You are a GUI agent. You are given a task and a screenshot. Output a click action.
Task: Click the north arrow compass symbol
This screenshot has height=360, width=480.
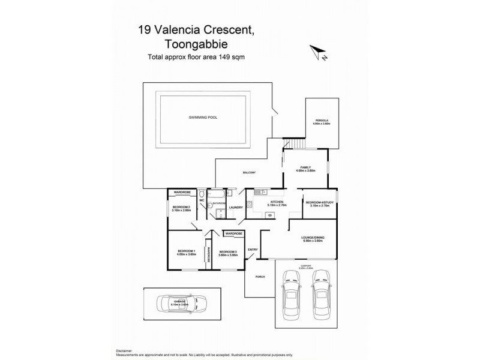pyautogui.click(x=318, y=53)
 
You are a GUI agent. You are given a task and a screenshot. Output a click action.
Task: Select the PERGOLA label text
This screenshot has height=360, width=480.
pyautogui.click(x=322, y=121)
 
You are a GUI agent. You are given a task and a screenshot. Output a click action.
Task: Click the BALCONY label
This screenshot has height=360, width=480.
pyautogui.click(x=249, y=173)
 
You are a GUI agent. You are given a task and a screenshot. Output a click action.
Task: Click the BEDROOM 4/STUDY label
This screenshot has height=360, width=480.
pyautogui.click(x=319, y=202)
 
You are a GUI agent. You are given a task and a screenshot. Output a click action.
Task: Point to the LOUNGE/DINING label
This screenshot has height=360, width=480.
pyautogui.click(x=313, y=238)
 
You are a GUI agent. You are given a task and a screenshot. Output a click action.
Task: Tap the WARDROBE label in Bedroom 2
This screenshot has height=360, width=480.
pyautogui.click(x=182, y=192)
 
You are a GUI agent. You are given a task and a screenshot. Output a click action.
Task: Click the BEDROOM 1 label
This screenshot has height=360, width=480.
pyautogui.click(x=187, y=250)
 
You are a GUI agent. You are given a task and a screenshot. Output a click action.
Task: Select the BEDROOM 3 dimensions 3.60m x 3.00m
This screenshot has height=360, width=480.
pyautogui.click(x=229, y=255)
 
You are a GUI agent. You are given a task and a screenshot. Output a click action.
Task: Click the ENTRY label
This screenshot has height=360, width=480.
pyautogui.click(x=253, y=250)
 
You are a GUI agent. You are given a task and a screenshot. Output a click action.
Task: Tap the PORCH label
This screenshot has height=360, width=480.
pyautogui.click(x=259, y=277)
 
